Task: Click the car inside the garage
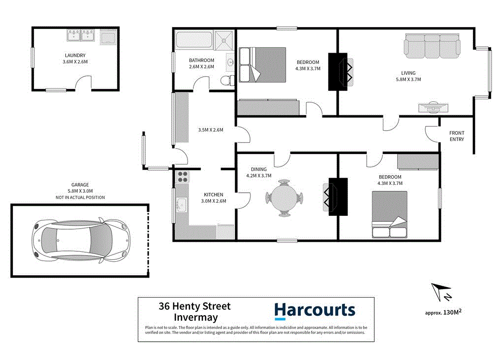point(80,240)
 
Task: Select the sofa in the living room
point(433,45)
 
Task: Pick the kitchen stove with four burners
point(183,177)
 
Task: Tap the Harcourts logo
point(315,310)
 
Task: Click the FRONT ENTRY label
point(456,136)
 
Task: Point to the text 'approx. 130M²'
point(443,312)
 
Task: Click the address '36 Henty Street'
point(194,306)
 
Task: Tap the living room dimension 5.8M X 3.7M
point(408,79)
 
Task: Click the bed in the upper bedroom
point(262,64)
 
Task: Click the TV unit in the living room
point(434,107)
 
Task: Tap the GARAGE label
point(80,185)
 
